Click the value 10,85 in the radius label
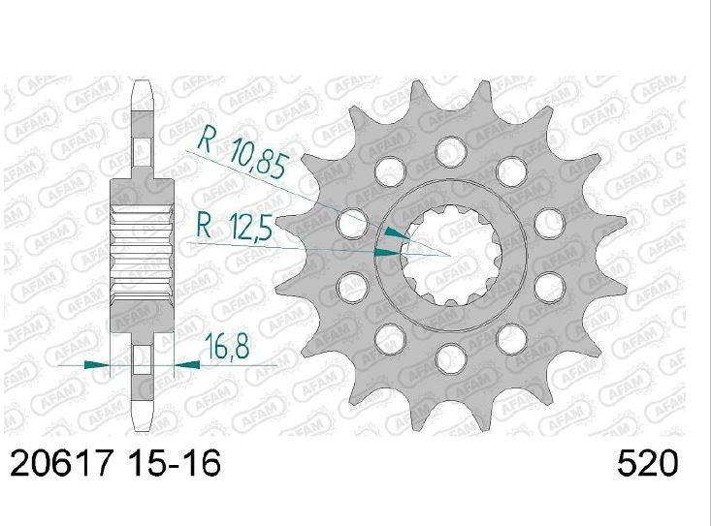[258, 159]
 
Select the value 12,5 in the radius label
[251, 228]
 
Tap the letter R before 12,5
[205, 226]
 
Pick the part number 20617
[61, 463]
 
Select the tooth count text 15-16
[175, 463]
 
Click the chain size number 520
[648, 463]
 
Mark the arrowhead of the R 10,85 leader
[397, 233]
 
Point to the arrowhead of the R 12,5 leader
[388, 253]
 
